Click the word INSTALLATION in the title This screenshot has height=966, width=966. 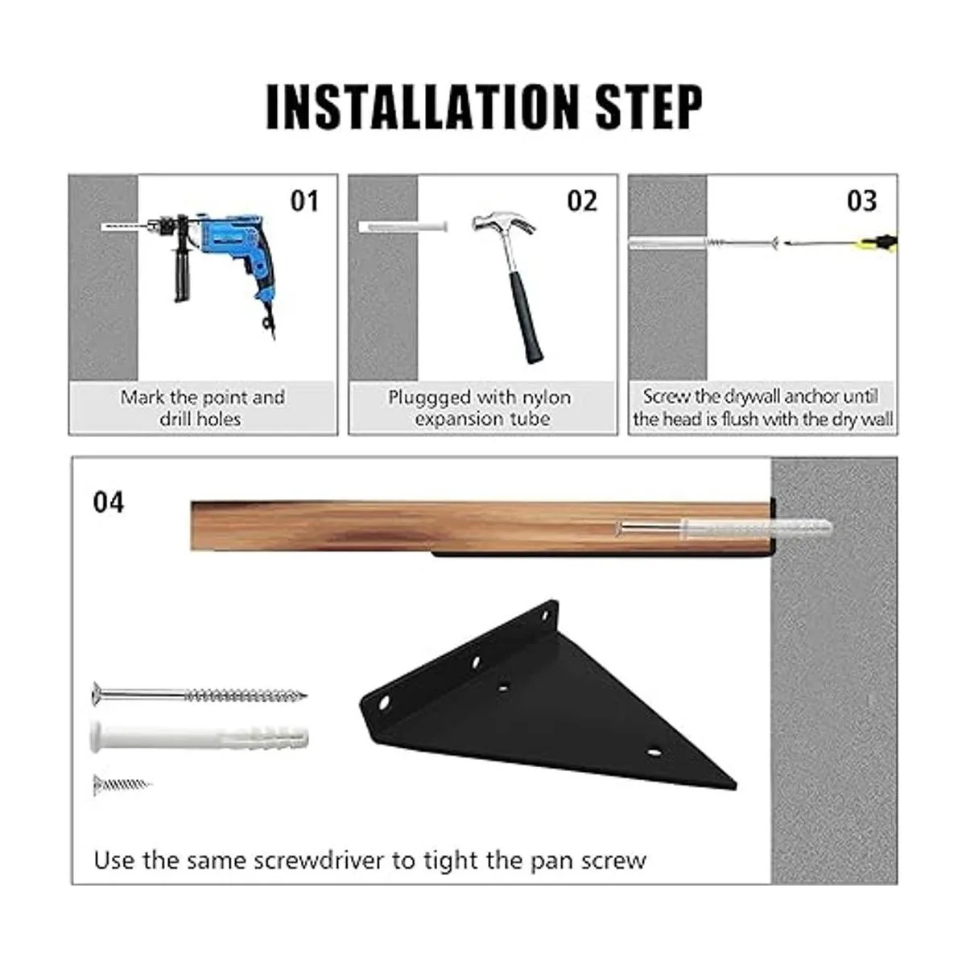click(423, 107)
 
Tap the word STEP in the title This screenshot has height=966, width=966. click(649, 107)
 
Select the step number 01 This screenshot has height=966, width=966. click(304, 201)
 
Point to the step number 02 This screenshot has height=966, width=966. click(582, 201)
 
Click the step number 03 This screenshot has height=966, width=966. click(861, 201)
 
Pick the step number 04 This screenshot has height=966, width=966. click(109, 502)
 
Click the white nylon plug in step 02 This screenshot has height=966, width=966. click(403, 226)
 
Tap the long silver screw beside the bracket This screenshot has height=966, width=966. click(200, 696)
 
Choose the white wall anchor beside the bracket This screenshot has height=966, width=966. click(200, 737)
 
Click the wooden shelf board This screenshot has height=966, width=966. click(481, 526)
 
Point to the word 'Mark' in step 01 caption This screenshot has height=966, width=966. click(142, 398)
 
